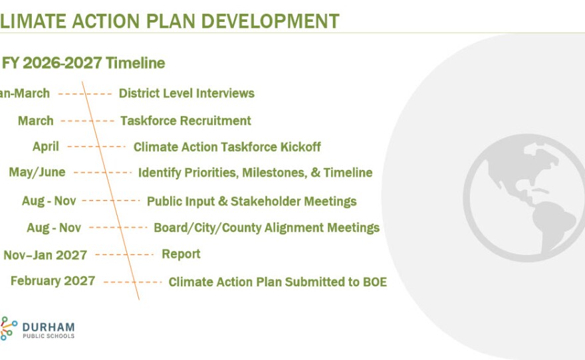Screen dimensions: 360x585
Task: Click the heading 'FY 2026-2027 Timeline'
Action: (84, 63)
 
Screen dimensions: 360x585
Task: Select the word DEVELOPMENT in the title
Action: (270, 21)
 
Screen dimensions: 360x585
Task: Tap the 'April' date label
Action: (46, 147)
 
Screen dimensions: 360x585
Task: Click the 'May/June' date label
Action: (37, 173)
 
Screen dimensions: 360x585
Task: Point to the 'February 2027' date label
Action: (53, 281)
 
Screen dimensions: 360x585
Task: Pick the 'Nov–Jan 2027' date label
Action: (45, 254)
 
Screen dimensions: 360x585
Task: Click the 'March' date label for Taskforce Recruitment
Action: (36, 121)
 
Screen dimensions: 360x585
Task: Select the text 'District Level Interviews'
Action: (186, 94)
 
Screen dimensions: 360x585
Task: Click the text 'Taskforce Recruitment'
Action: (185, 121)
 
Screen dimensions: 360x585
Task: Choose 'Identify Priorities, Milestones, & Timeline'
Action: (255, 173)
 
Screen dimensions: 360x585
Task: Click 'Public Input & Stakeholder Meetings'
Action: (251, 201)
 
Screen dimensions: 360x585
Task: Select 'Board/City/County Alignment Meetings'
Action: (266, 228)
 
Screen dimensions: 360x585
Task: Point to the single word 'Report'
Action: (181, 254)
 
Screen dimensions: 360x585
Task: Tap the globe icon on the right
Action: (524, 192)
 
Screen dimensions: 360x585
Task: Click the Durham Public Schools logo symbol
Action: (8, 328)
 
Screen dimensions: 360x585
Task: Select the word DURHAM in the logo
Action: (49, 327)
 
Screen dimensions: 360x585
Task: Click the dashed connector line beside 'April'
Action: (96, 147)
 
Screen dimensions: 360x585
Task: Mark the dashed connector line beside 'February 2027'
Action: (132, 282)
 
